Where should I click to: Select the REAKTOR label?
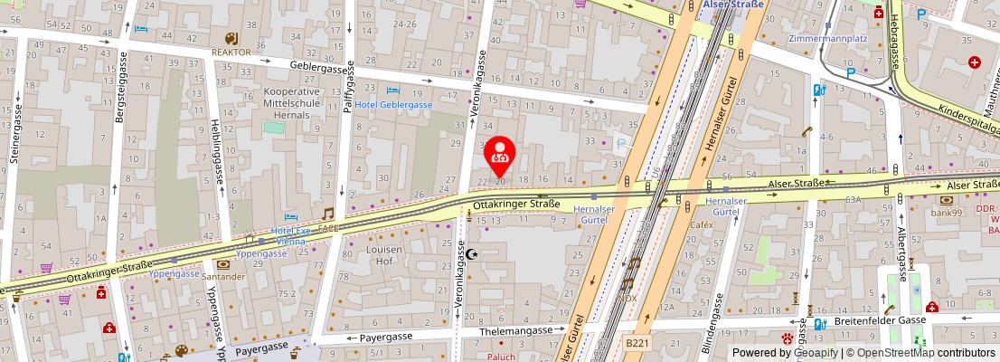[231, 52]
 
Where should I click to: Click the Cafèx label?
[702, 224]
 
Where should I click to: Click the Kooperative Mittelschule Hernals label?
[291, 104]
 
